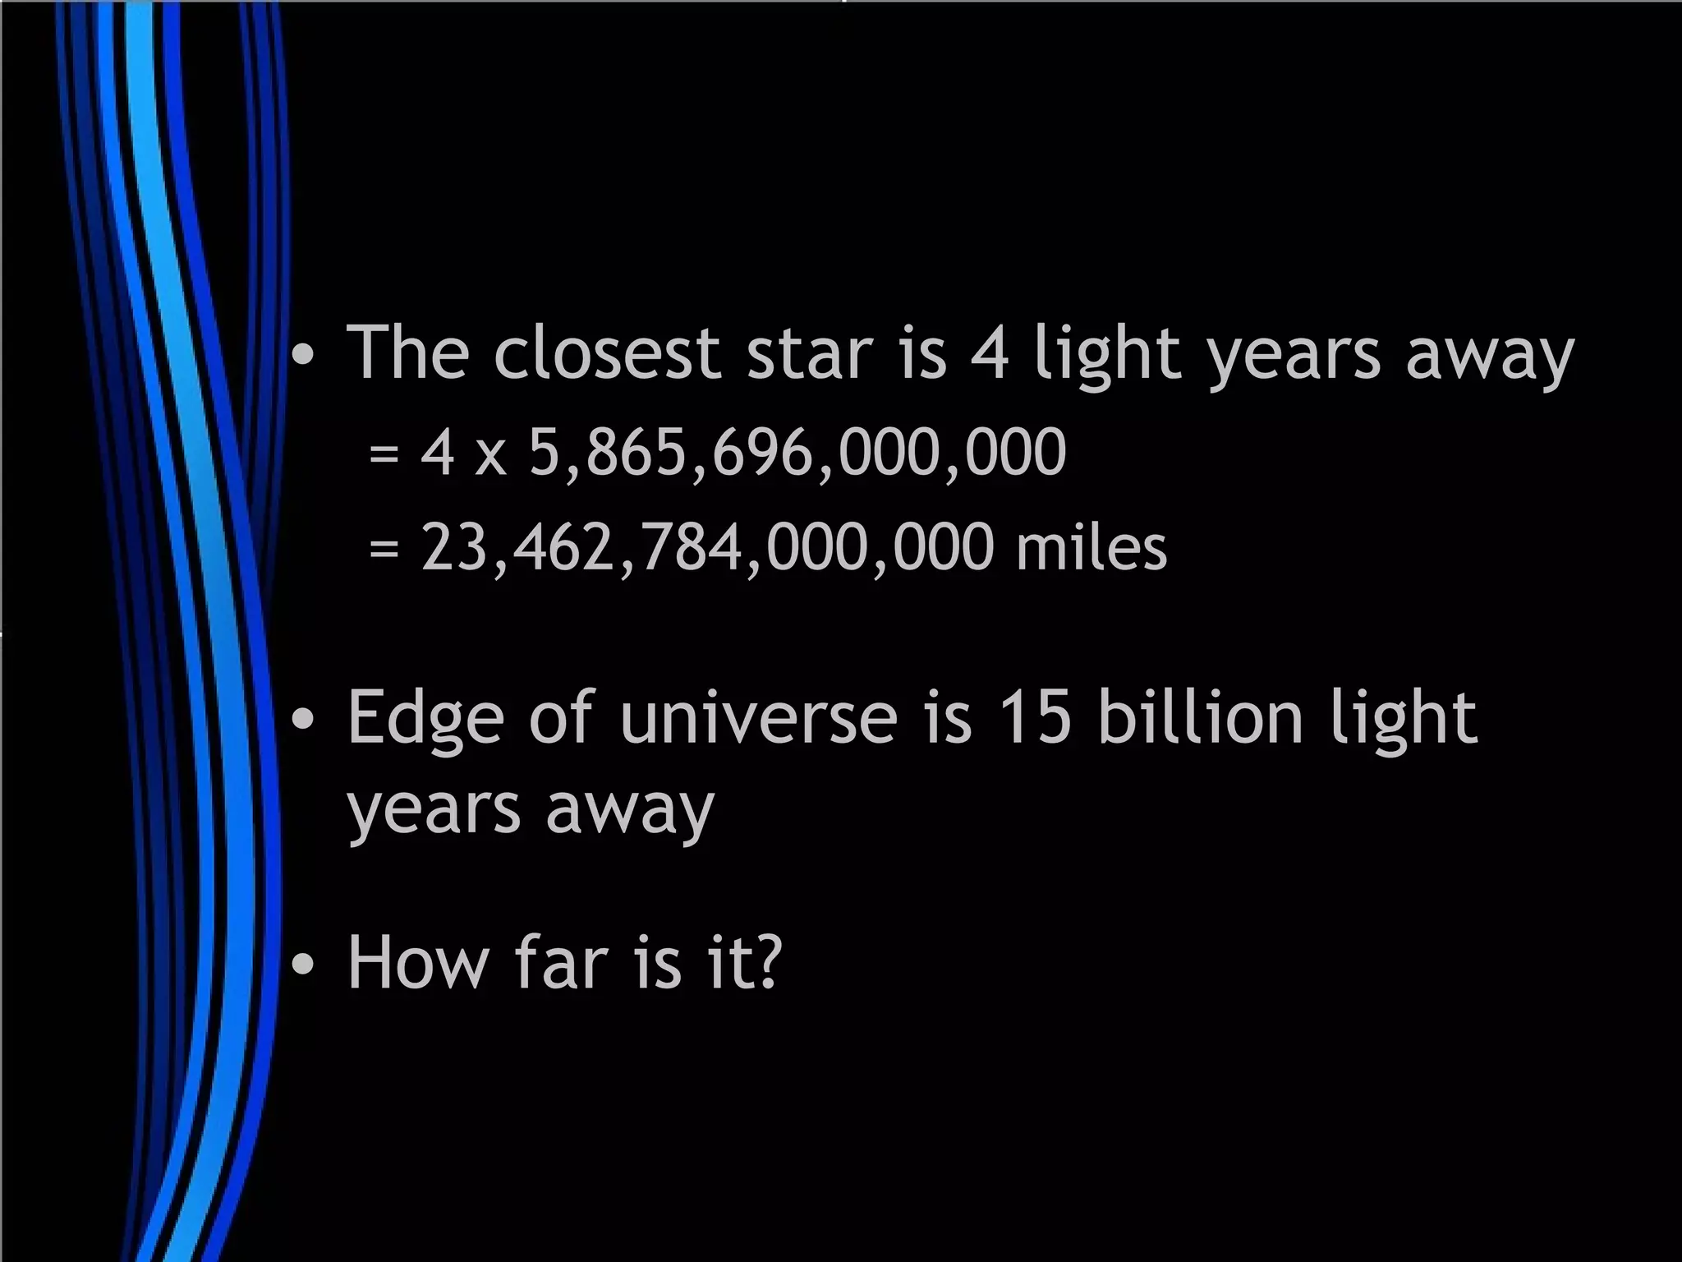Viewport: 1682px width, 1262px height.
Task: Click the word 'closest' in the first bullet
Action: (607, 353)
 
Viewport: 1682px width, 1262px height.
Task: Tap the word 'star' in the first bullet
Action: (809, 353)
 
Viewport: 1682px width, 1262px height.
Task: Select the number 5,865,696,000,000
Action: (797, 453)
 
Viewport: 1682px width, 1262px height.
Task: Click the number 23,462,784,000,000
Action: (707, 548)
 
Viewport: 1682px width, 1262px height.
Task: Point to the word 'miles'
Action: (1091, 548)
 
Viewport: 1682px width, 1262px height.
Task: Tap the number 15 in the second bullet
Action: (1036, 717)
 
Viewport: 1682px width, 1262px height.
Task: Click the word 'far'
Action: (563, 962)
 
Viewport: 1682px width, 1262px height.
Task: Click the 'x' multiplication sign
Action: (490, 458)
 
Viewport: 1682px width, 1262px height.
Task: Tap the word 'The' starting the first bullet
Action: (407, 353)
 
